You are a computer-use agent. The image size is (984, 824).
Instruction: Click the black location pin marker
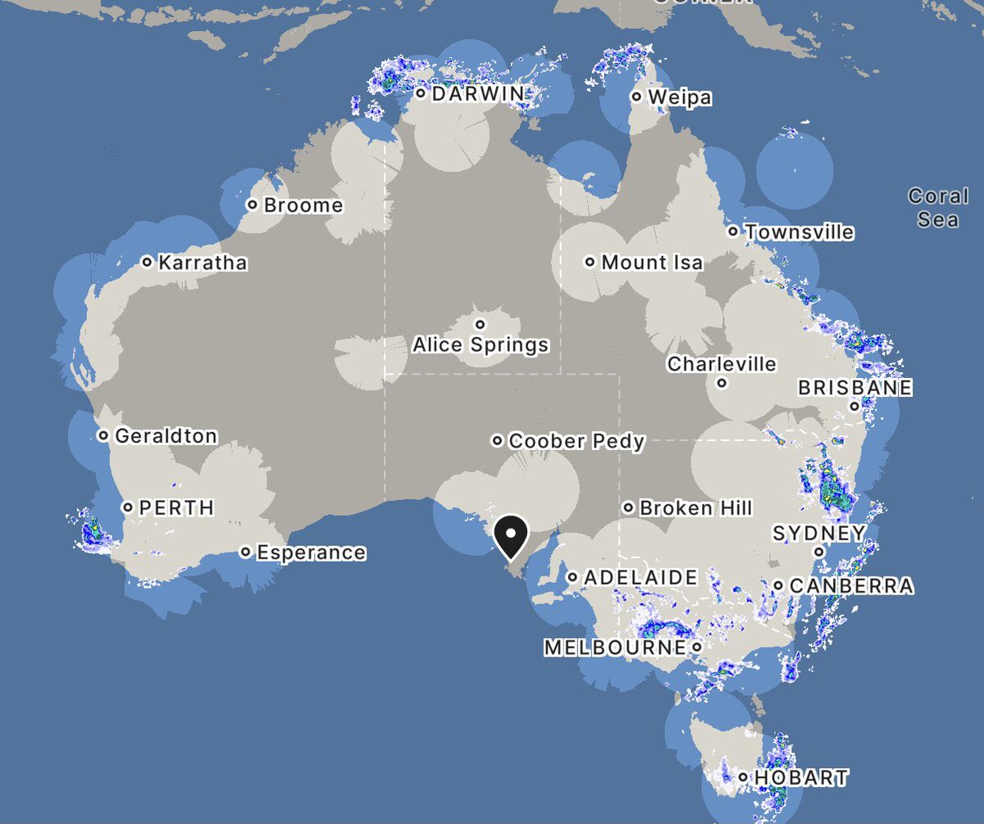(511, 536)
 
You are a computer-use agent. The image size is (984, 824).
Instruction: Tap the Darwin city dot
(421, 93)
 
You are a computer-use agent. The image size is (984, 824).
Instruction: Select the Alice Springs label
(481, 344)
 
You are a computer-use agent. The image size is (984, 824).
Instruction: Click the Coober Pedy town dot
(497, 441)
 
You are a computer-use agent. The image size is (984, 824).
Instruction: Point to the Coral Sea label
(938, 207)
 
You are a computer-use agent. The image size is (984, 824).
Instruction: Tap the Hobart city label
(801, 777)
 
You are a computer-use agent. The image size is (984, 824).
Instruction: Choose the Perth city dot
(128, 508)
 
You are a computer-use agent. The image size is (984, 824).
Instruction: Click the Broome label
(303, 205)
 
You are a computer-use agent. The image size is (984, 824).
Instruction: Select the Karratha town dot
(147, 262)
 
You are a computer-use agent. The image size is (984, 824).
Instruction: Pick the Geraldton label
(166, 435)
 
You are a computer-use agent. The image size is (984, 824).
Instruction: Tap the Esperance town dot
(245, 552)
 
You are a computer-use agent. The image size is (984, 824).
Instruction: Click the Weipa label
(680, 98)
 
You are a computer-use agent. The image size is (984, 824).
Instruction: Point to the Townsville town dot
(733, 231)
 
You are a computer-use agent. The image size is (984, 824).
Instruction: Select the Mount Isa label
(652, 262)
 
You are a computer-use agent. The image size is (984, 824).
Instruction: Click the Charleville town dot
(722, 383)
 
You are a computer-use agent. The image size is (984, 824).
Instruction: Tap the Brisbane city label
(855, 387)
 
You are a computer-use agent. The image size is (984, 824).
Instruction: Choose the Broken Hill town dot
(628, 508)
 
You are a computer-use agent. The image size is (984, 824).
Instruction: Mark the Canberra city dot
(778, 585)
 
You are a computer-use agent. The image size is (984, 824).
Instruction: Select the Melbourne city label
(614, 648)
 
